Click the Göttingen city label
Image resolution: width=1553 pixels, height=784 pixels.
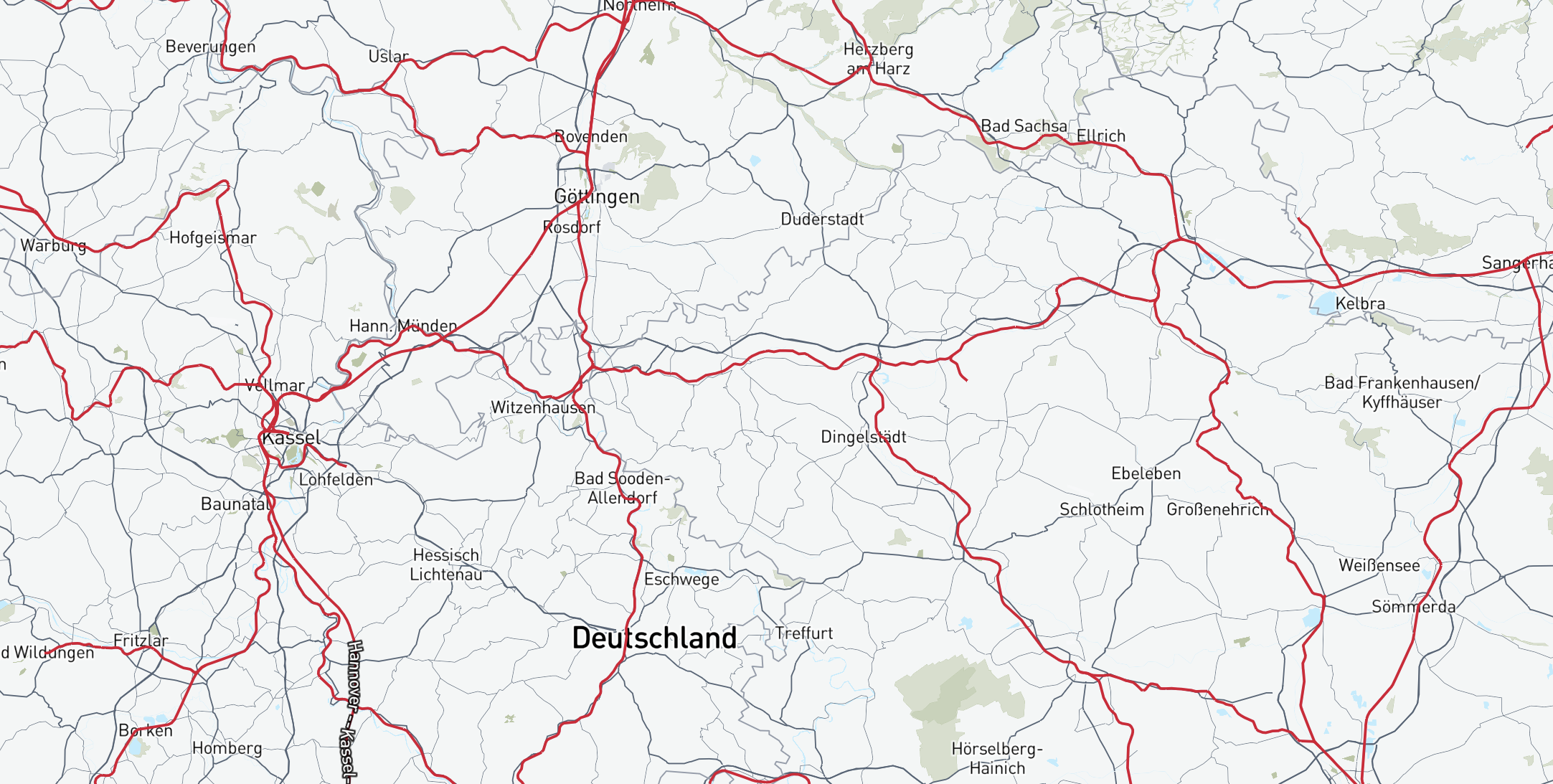tap(597, 197)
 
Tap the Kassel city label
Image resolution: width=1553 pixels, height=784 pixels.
tap(291, 438)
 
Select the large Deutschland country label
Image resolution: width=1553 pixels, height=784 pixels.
tap(654, 638)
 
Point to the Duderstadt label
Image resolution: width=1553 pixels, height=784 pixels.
tap(822, 219)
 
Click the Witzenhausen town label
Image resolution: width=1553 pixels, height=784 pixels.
tap(543, 407)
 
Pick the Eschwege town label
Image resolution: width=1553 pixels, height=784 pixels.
tap(681, 580)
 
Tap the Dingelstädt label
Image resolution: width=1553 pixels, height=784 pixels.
tap(864, 437)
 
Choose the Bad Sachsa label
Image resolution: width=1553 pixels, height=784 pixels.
tap(1024, 126)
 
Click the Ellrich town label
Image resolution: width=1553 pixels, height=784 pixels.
tap(1101, 136)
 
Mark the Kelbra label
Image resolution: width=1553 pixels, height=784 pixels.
tap(1360, 304)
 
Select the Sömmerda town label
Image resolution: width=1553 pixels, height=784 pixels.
tap(1414, 607)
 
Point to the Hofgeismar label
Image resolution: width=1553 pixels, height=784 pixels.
tap(213, 237)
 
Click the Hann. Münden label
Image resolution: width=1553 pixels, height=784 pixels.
tap(403, 326)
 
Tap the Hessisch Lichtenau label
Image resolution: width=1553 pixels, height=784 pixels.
tap(446, 565)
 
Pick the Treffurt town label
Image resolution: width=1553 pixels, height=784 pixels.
tap(804, 633)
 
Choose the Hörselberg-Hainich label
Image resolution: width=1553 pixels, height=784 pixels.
tap(997, 758)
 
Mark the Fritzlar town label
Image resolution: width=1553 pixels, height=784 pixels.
tap(141, 641)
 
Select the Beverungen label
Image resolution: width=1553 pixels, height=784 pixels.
tap(210, 47)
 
